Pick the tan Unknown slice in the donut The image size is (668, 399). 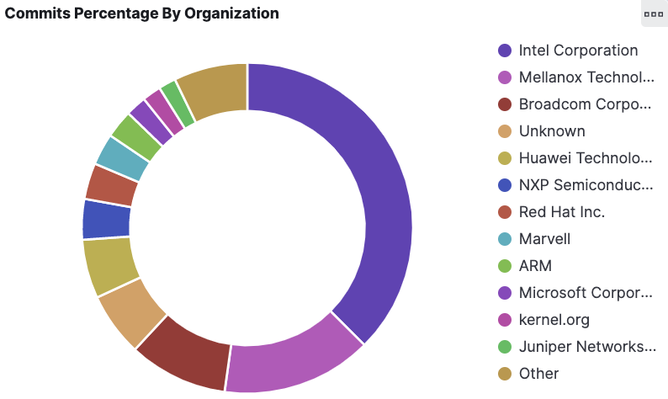(132, 312)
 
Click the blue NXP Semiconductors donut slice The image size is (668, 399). (106, 219)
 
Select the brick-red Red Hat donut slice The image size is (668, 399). (111, 185)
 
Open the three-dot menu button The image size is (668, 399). (653, 14)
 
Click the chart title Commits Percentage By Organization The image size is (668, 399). (142, 13)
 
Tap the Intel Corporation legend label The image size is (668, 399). (578, 51)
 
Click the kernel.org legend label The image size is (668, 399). (554, 320)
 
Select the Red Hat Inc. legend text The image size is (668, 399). (562, 212)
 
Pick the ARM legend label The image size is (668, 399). (535, 266)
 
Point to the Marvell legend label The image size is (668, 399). (544, 239)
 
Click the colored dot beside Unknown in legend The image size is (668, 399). (506, 131)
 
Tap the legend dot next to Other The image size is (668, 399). (506, 374)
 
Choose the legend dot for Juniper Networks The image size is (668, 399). (506, 347)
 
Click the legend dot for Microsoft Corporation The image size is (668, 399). (506, 293)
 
